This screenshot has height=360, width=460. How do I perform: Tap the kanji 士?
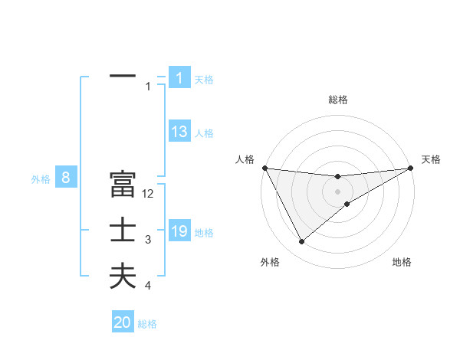coord(123,231)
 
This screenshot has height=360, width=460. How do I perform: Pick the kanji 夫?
coord(123,277)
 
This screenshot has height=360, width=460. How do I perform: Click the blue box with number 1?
coord(179,78)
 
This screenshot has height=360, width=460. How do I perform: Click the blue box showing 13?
coord(179,132)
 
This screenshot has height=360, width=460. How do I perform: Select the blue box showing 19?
coord(179,231)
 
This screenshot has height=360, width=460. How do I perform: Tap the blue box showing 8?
coord(66,178)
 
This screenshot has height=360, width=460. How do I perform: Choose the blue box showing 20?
coord(123,322)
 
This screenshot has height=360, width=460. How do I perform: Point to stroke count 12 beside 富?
coord(149,194)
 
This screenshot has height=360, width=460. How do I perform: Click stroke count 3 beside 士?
coord(148,240)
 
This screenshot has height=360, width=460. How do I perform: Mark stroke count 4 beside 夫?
coord(148,286)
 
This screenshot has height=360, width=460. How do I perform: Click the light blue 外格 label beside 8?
coord(41,179)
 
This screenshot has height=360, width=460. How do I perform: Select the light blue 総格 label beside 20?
coord(147,323)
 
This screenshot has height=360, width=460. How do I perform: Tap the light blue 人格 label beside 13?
coord(204,133)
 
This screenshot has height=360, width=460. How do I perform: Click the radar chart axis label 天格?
coord(432,159)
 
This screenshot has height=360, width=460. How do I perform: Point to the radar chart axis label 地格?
coord(402,262)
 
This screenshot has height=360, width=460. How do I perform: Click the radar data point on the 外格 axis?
coord(301,242)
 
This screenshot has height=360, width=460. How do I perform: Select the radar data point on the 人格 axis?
coord(264,168)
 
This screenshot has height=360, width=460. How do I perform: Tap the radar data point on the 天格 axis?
coord(411,168)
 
